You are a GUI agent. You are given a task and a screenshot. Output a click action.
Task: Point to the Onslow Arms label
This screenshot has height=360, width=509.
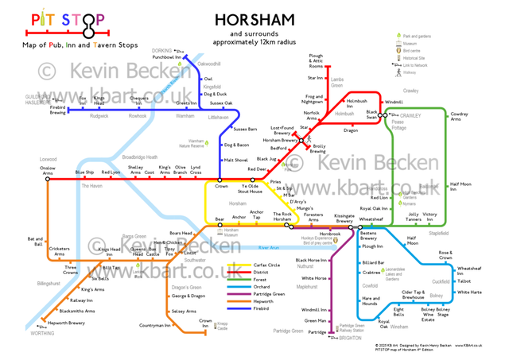point(49,171)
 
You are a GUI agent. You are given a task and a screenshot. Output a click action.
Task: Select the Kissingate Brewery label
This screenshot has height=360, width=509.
point(344,219)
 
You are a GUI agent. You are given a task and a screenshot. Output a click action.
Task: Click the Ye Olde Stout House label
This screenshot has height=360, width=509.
point(250,189)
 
